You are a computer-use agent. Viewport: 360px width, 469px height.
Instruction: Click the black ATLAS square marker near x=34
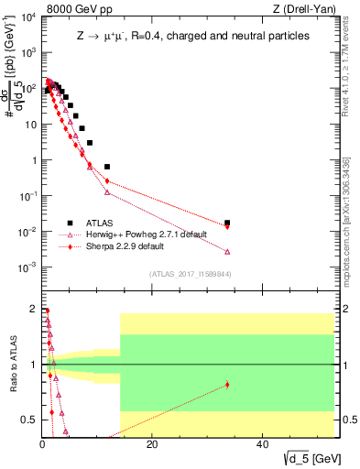tap(227, 223)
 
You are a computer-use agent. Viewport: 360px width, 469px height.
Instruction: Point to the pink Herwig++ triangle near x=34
tap(227, 251)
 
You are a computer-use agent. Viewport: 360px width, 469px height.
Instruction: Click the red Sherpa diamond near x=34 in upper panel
tap(227, 226)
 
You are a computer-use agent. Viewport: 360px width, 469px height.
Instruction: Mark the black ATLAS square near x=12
tap(107, 167)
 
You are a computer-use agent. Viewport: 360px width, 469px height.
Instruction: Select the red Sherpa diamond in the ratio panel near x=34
tap(227, 385)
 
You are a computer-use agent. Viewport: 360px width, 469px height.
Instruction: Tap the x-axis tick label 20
tap(152, 445)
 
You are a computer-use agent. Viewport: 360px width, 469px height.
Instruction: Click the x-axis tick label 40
tap(262, 445)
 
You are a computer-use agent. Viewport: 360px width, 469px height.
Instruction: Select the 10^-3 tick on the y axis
tap(27, 267)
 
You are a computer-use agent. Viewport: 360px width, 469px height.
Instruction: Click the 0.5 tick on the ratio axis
tap(30, 420)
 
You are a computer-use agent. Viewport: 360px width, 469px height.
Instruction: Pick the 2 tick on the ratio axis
tap(34, 308)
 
